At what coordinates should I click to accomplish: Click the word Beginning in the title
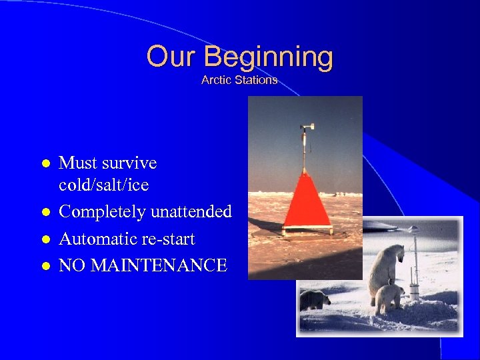pos(268,57)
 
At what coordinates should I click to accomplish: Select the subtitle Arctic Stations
pos(239,80)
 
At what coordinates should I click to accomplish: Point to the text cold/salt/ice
pos(103,185)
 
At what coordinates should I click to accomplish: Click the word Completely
pos(103,212)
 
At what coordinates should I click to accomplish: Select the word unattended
pos(191,212)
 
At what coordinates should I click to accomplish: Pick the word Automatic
pos(96,239)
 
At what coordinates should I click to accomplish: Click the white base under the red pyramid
pos(307,230)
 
